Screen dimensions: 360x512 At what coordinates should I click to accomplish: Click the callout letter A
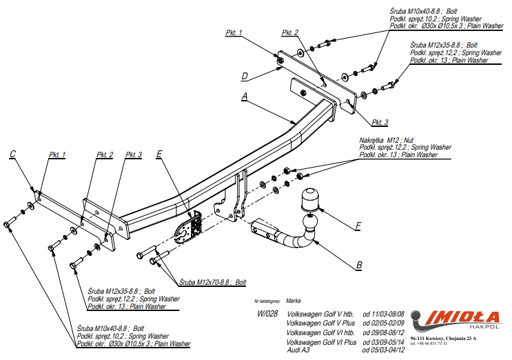244,97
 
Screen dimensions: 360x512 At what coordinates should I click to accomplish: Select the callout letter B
359,264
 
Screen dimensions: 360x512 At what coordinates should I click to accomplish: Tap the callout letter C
13,154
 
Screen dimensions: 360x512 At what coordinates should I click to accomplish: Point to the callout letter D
244,75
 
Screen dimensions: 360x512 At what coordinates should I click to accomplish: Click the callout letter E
159,154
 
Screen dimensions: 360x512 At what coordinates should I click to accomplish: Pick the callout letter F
358,226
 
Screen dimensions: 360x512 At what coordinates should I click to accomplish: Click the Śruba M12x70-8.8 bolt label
212,283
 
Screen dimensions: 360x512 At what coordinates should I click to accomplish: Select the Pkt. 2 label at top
290,33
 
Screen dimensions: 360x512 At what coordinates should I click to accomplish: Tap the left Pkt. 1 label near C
57,154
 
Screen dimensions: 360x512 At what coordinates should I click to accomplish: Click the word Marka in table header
292,301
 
